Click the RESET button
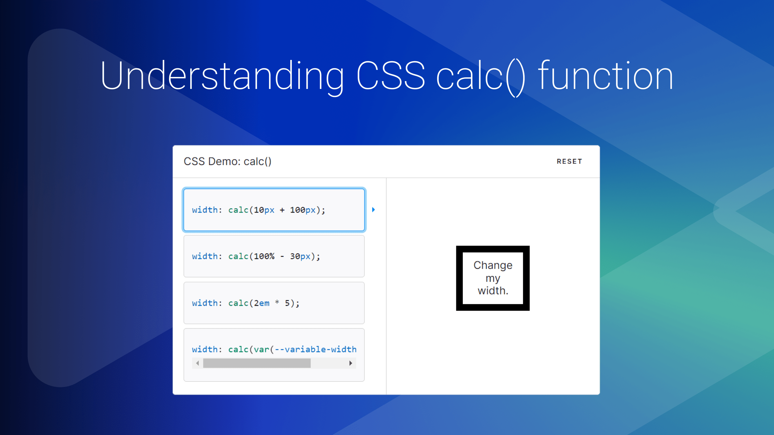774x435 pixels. click(x=569, y=161)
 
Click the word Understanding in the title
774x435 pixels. click(x=222, y=76)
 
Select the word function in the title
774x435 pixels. click(x=605, y=75)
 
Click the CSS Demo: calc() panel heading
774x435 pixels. click(x=227, y=161)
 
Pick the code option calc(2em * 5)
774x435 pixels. click(x=274, y=303)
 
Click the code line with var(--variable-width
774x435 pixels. click(x=274, y=349)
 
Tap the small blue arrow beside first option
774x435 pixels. click(x=373, y=210)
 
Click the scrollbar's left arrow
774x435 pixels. click(x=197, y=363)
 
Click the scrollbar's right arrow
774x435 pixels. click(x=351, y=363)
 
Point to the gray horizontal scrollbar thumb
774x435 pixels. click(x=257, y=363)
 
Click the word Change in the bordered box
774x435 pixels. click(x=493, y=265)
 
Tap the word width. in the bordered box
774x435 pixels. click(x=493, y=291)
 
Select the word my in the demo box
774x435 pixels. click(x=493, y=278)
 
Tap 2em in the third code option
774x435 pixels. click(x=262, y=303)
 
